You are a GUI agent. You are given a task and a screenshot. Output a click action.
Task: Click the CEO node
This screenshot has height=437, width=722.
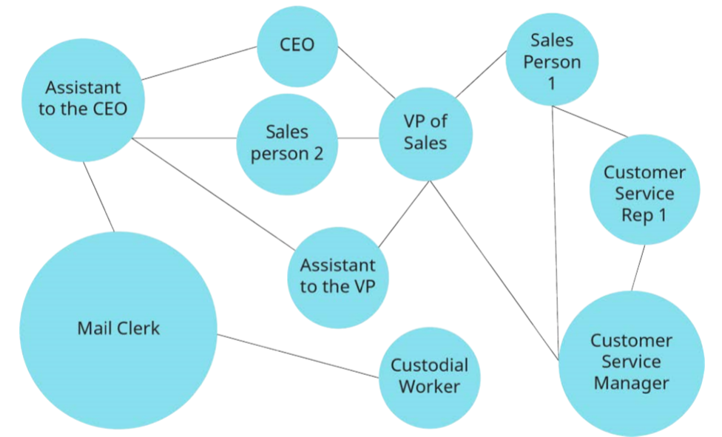point(297,45)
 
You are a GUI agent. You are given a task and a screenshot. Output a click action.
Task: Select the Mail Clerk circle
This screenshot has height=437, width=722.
point(118,328)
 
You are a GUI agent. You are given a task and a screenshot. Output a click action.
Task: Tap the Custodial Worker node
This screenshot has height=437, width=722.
point(430,375)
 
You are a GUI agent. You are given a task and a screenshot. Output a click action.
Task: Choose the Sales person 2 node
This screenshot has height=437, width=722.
point(286,143)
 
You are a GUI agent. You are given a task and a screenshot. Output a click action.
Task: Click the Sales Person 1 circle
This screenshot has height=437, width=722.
point(551,61)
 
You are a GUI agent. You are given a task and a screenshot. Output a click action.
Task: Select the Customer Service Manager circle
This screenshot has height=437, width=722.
point(631,362)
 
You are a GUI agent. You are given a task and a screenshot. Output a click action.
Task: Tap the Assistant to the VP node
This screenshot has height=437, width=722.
point(337,276)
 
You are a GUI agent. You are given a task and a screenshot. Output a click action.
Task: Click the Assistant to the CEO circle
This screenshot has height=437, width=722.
point(83,98)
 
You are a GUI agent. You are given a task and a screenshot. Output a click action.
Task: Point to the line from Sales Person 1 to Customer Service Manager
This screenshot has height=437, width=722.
point(556,222)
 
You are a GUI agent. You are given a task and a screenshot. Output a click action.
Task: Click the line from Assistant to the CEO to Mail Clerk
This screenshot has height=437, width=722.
point(98,197)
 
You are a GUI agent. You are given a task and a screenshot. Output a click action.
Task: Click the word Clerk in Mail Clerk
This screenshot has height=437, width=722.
point(139,328)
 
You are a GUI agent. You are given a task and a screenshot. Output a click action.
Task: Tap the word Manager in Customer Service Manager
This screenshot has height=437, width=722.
point(631,383)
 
